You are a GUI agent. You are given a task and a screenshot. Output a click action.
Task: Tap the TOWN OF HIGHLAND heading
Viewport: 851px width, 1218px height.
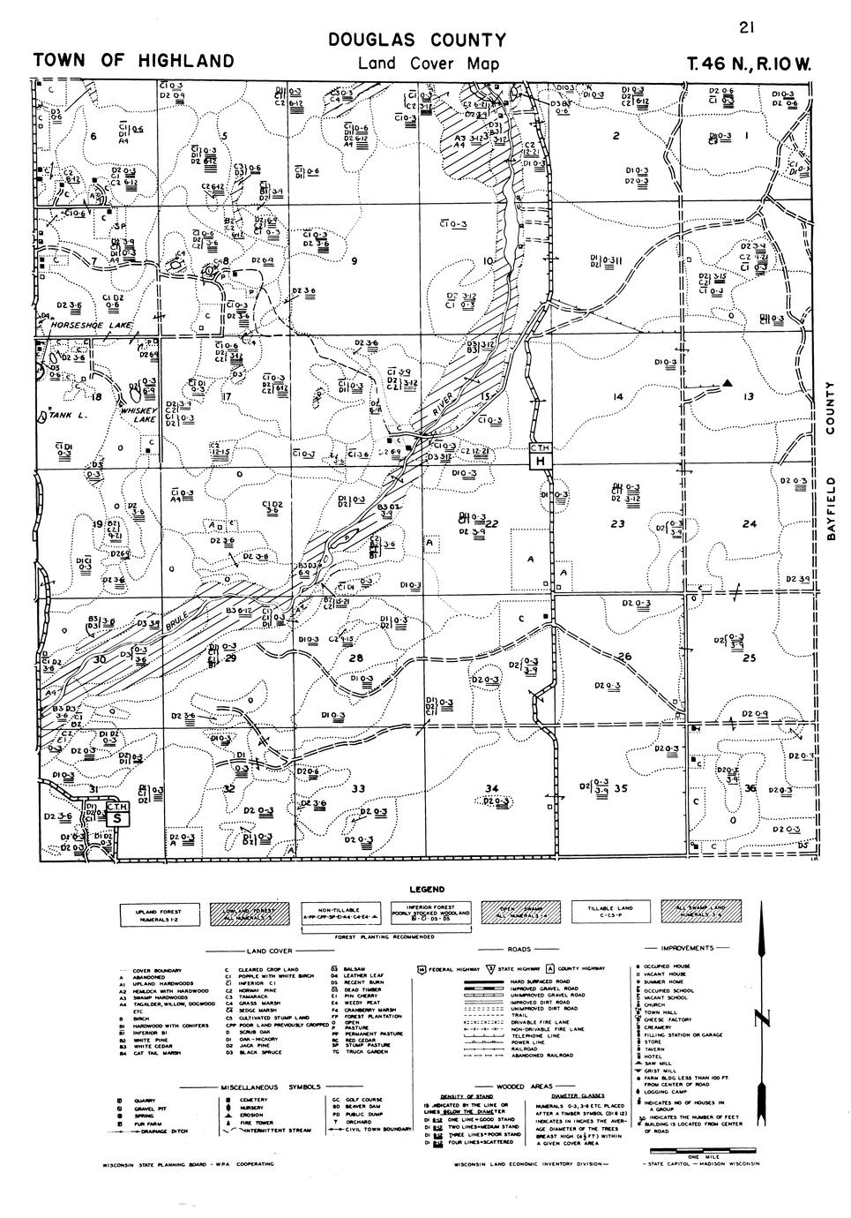pos(133,61)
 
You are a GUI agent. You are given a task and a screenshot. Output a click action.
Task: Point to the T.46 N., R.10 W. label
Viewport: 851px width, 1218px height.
pos(752,64)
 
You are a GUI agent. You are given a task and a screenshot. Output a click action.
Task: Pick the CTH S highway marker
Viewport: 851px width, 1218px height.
pos(117,812)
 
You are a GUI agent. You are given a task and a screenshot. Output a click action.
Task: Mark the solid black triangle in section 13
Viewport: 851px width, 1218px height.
pos(728,382)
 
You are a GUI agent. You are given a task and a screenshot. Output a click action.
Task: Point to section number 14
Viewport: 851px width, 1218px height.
pos(618,398)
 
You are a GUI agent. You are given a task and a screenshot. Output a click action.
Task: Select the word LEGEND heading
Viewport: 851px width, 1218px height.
pos(426,889)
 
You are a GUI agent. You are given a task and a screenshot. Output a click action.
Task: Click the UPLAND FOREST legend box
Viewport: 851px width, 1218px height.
pos(157,913)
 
